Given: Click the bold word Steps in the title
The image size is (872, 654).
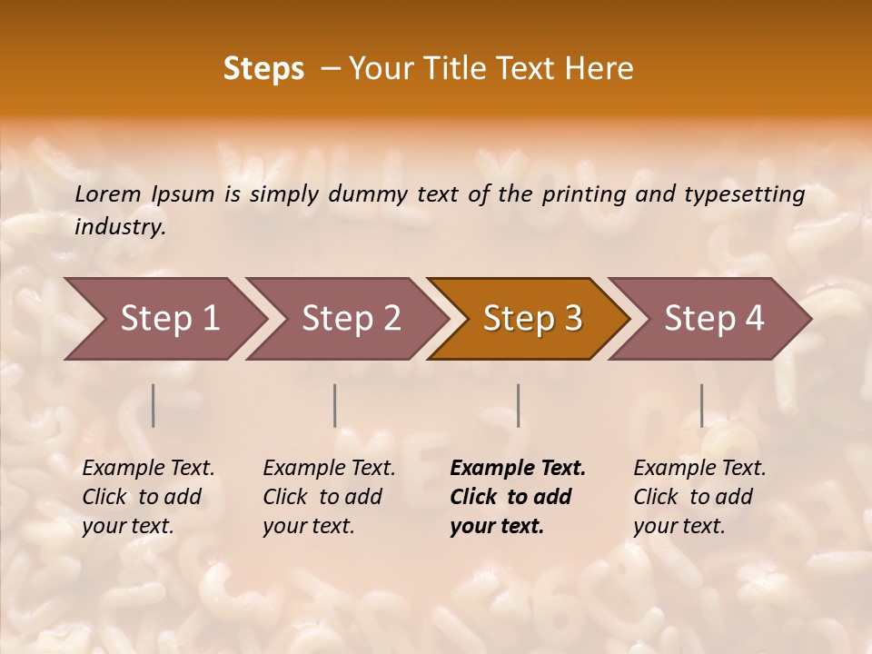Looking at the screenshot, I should click(x=263, y=70).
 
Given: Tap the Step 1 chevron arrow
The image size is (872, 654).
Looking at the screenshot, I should click(x=169, y=319).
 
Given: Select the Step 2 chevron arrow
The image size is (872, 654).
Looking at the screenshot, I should click(x=351, y=319).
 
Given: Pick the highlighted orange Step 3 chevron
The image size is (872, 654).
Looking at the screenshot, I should click(x=532, y=319).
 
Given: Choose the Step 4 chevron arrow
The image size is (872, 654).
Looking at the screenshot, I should click(x=714, y=319).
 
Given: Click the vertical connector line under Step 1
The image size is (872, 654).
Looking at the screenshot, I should click(x=154, y=405).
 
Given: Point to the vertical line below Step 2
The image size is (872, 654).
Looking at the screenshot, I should click(x=335, y=405).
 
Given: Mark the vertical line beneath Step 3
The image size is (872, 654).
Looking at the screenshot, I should click(x=519, y=405).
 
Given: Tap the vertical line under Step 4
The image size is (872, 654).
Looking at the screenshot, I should click(x=702, y=405).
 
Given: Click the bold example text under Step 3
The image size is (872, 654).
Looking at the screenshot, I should click(x=517, y=497).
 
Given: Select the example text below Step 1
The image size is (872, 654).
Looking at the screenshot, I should click(x=148, y=497).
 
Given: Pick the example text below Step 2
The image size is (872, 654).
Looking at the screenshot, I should click(x=329, y=497).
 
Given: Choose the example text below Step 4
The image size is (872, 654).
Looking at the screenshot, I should click(x=699, y=497).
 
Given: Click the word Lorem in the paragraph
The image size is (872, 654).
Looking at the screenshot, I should click(x=108, y=194).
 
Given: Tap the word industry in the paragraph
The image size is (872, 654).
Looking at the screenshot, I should click(x=119, y=227).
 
